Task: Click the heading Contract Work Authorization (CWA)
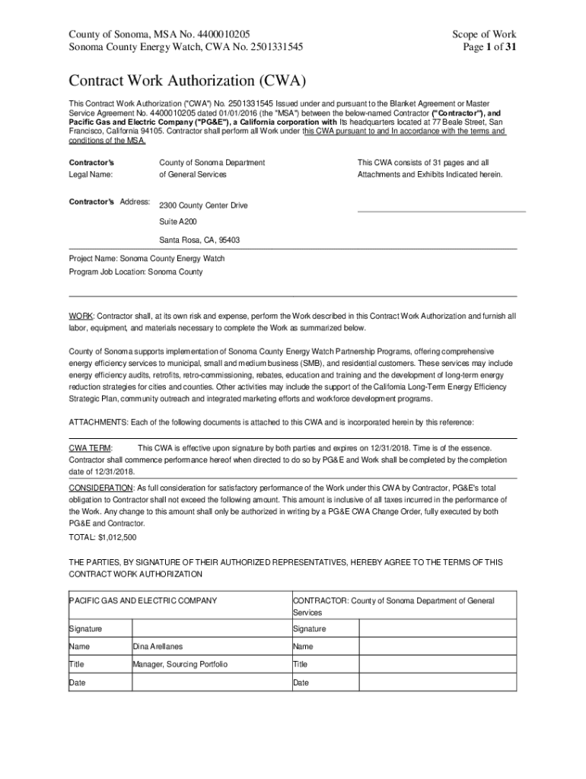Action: [187, 81]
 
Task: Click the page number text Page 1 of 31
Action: [483, 47]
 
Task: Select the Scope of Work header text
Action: [484, 34]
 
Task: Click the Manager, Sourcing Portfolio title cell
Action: [180, 664]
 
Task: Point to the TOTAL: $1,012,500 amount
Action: [103, 537]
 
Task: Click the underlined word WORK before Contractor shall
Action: [81, 315]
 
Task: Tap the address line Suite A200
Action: [177, 222]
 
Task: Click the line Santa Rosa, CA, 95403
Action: [199, 240]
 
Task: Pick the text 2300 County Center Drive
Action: [202, 205]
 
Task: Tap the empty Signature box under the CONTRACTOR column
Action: [437, 629]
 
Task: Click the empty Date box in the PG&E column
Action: [211, 682]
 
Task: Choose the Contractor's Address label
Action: [110, 202]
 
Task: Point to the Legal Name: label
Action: [91, 174]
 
